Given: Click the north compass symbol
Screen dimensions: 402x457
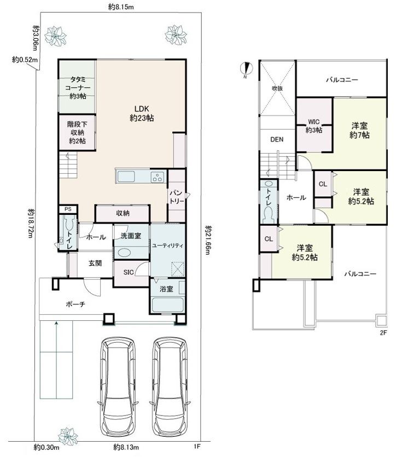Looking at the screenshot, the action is tap(247, 68).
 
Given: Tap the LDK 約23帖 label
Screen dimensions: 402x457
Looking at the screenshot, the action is tap(142, 113).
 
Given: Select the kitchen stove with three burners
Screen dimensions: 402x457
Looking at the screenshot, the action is tap(157, 177).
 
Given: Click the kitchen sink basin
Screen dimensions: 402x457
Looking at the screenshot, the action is tap(126, 177).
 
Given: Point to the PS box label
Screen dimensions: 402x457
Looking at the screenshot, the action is tap(68, 209).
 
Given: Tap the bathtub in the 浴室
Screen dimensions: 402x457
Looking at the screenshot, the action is tap(167, 304).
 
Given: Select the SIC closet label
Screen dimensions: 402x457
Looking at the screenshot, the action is tap(129, 272).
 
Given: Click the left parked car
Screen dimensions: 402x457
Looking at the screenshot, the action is tap(118, 385).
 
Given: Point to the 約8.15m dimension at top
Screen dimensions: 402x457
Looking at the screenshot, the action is tap(121, 7).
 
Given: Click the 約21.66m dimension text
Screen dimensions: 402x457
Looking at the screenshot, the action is tap(207, 240).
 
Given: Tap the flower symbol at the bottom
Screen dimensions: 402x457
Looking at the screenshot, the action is tap(68, 436).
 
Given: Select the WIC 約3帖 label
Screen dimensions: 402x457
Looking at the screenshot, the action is tap(314, 126).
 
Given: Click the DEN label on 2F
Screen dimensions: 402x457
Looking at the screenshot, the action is tap(277, 139).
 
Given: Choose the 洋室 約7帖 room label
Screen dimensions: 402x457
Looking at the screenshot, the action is tap(359, 130).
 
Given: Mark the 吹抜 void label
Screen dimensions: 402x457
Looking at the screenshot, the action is tap(277, 89).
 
